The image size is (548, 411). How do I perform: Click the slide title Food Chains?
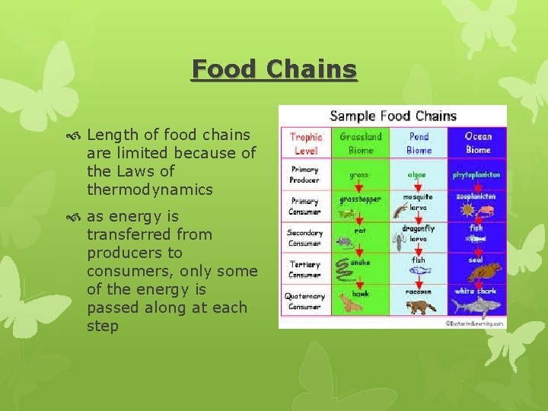274,69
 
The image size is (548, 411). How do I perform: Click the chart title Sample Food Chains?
393,116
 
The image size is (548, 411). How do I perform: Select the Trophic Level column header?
306,143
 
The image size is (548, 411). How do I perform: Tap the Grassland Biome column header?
360,143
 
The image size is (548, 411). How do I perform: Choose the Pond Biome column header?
419,143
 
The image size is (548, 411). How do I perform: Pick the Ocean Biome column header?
477,143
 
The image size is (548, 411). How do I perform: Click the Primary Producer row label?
305,175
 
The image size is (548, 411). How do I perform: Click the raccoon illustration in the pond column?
419,306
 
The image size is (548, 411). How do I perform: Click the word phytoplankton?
476,174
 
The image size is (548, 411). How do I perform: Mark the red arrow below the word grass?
360,185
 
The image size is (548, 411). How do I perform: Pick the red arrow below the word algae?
418,185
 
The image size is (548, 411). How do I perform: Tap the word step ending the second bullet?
103,326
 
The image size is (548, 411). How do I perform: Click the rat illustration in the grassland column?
344,242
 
